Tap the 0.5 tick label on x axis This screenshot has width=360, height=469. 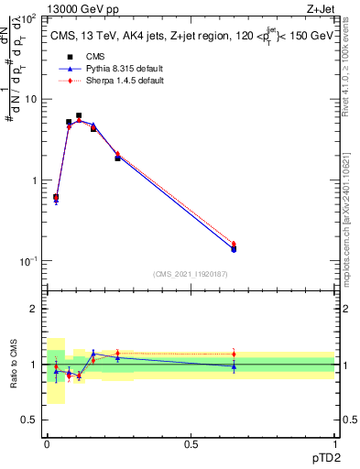(191, 443)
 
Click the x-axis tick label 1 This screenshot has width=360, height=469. (334, 443)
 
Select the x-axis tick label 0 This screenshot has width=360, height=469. (47, 443)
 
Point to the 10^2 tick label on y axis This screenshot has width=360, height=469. (30, 18)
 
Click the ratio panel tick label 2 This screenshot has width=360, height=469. (36, 309)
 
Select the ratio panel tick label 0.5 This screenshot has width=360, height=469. (30, 420)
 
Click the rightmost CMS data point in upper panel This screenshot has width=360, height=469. (234, 249)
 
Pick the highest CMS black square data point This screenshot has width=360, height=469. (79, 115)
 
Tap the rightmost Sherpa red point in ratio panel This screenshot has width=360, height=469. (234, 354)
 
